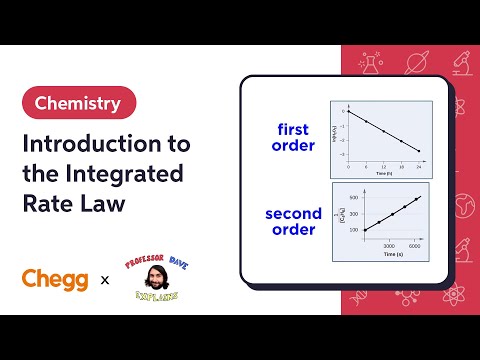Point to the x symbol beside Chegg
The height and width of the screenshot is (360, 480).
(105, 281)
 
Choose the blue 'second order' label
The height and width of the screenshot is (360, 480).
(293, 221)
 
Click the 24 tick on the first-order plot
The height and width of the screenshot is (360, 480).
(419, 165)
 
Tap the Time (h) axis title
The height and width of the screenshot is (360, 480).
(382, 173)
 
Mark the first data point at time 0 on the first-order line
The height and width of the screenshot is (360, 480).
(349, 112)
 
